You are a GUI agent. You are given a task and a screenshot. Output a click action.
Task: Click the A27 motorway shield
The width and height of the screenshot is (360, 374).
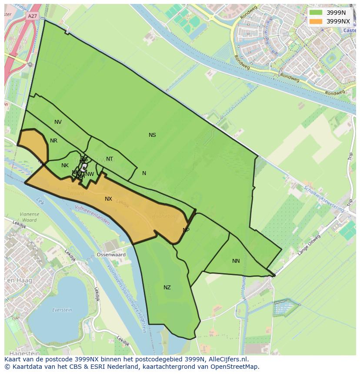click(x=32, y=16)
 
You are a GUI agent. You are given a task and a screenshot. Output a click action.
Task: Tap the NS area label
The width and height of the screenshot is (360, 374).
click(x=152, y=135)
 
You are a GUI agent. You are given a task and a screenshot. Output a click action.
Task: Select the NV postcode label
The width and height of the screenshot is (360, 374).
click(x=58, y=122)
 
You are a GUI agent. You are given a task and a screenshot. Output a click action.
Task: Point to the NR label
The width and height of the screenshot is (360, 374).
click(x=53, y=141)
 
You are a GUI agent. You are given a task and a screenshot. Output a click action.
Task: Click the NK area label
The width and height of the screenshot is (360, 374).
click(x=65, y=165)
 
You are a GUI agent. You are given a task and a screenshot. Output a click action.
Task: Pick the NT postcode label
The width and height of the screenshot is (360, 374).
click(x=110, y=159)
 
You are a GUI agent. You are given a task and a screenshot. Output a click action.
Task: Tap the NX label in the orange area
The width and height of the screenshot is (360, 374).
click(x=108, y=199)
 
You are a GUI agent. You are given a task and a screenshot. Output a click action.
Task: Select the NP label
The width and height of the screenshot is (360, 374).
click(x=186, y=230)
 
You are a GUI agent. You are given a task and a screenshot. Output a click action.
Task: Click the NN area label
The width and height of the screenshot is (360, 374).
click(x=236, y=261)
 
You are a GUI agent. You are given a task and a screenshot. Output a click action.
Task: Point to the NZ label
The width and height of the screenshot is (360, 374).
click(x=167, y=288)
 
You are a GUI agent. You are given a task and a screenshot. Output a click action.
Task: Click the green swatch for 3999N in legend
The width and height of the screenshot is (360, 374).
click(x=316, y=13)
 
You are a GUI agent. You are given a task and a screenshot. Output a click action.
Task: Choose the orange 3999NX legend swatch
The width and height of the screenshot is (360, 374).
click(x=316, y=21)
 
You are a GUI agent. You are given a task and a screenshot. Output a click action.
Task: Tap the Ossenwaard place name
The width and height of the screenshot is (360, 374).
click(x=111, y=255)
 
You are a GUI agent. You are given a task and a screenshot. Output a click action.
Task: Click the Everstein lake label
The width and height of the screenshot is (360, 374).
click(x=62, y=310)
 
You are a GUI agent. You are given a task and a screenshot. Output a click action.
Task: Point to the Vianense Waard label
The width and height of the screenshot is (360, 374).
click(x=29, y=217)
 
